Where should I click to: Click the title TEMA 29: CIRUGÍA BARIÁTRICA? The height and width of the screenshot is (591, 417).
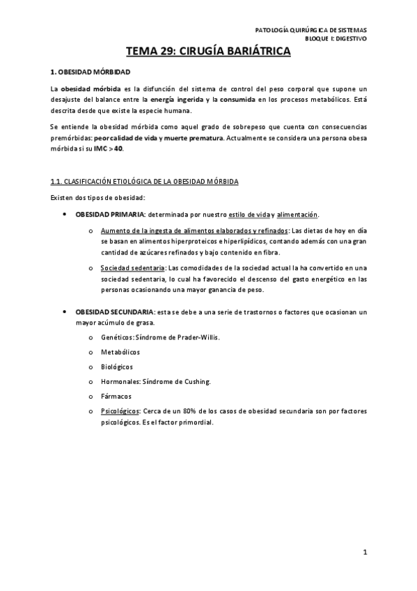click(x=208, y=51)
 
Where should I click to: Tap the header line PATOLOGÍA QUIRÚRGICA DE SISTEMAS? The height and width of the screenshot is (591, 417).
click(x=310, y=31)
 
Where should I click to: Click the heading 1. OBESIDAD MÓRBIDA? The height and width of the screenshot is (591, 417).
click(x=90, y=72)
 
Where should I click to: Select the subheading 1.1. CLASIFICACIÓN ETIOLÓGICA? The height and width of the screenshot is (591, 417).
click(x=145, y=182)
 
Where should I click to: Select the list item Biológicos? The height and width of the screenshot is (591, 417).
click(x=116, y=367)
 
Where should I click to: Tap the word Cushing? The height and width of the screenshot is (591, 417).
click(x=196, y=381)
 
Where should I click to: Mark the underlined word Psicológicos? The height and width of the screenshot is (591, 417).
click(x=120, y=411)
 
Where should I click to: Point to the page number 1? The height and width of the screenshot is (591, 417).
click(x=364, y=553)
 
